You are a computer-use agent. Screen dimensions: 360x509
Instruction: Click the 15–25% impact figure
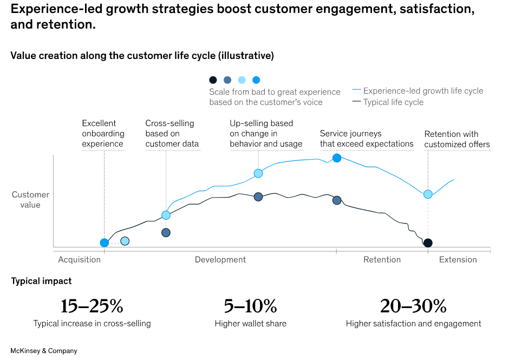pos(92,306)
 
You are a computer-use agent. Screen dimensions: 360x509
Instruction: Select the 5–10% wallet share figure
pos(250,306)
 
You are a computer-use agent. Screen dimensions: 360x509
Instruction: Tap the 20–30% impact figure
pos(413,306)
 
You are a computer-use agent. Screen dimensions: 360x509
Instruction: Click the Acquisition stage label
pos(80,259)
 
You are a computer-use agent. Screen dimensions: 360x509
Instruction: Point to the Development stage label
pos(220,259)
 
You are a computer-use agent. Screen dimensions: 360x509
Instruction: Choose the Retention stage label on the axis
pos(382,259)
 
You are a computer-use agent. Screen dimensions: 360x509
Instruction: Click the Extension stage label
pos(458,259)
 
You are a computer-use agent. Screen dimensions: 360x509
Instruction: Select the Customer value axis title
pos(31,200)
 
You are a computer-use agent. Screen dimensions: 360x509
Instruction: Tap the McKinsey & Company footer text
pos(44,351)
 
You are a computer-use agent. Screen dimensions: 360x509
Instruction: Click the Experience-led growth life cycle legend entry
pos(423,91)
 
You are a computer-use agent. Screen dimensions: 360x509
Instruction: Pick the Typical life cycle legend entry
pos(393,102)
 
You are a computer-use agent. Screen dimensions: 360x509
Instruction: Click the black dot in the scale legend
pos(213,80)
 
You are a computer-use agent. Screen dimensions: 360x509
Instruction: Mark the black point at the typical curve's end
pos(428,243)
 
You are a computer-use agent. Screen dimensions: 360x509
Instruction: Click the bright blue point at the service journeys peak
pos(337,158)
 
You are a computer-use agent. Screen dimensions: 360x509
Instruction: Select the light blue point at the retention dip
pos(428,194)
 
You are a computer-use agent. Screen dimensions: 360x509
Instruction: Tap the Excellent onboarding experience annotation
pos(103,134)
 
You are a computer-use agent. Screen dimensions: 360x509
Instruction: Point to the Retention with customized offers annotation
pos(457,139)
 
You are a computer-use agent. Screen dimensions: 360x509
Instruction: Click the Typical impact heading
pos(41,281)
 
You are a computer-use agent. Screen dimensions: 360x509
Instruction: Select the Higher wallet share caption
pos(250,324)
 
